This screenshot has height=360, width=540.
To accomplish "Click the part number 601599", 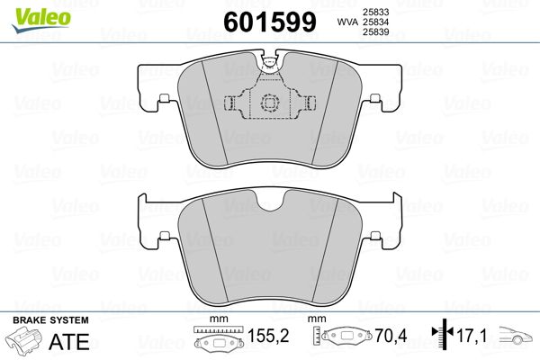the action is tap(270, 22).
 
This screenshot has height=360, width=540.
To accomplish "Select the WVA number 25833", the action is tap(375, 12).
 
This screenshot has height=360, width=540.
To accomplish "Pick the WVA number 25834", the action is tap(375, 22).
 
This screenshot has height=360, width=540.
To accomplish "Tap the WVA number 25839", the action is tap(375, 32).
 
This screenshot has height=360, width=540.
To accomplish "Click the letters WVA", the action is tap(347, 22).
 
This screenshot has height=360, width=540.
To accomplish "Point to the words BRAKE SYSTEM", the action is tap(50, 320).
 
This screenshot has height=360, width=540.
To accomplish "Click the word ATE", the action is tap(69, 341).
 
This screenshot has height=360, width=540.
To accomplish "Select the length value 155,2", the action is tap(268, 336).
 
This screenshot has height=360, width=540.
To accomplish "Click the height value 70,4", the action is tap(391, 336).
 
